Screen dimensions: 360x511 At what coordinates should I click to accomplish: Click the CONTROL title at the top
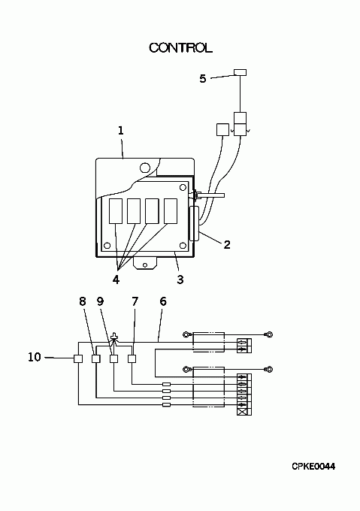coord(180,48)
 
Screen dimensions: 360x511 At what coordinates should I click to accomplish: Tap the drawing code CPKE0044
coord(313,467)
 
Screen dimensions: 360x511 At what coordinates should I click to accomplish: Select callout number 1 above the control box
coord(120,131)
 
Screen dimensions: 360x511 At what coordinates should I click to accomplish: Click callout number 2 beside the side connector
coord(227,244)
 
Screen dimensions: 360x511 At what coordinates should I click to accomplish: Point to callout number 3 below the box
coord(180,280)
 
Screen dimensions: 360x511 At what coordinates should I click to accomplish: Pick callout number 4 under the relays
coord(116,280)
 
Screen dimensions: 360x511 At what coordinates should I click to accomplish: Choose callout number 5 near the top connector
coord(203,79)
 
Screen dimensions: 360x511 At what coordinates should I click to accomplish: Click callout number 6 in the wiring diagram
coord(163,301)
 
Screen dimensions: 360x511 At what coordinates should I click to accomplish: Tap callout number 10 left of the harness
coord(35,357)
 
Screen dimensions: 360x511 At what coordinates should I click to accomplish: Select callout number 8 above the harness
coord(83,301)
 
